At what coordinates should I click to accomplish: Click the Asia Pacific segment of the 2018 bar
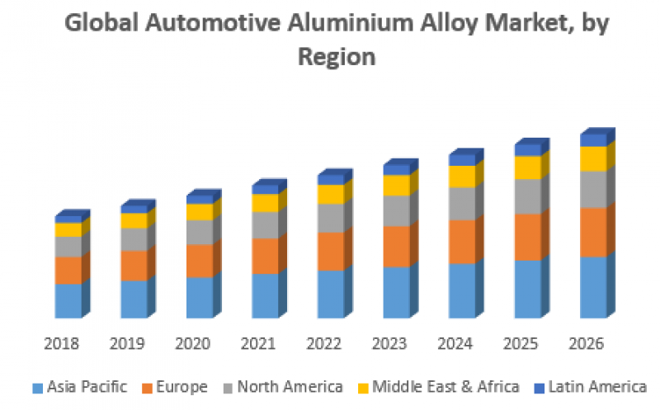[68, 300]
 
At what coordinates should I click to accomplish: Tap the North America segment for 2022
[331, 217]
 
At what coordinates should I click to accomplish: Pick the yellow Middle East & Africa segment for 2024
[462, 176]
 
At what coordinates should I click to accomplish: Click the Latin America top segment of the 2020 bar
[199, 199]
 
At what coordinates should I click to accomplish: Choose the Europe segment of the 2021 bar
[265, 255]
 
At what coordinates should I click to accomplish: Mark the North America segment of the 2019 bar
[134, 238]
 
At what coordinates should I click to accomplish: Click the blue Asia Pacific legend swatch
[37, 387]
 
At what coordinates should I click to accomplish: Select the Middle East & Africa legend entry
[445, 386]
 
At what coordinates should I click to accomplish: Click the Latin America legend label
[597, 386]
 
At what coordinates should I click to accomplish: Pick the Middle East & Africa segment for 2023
[397, 185]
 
